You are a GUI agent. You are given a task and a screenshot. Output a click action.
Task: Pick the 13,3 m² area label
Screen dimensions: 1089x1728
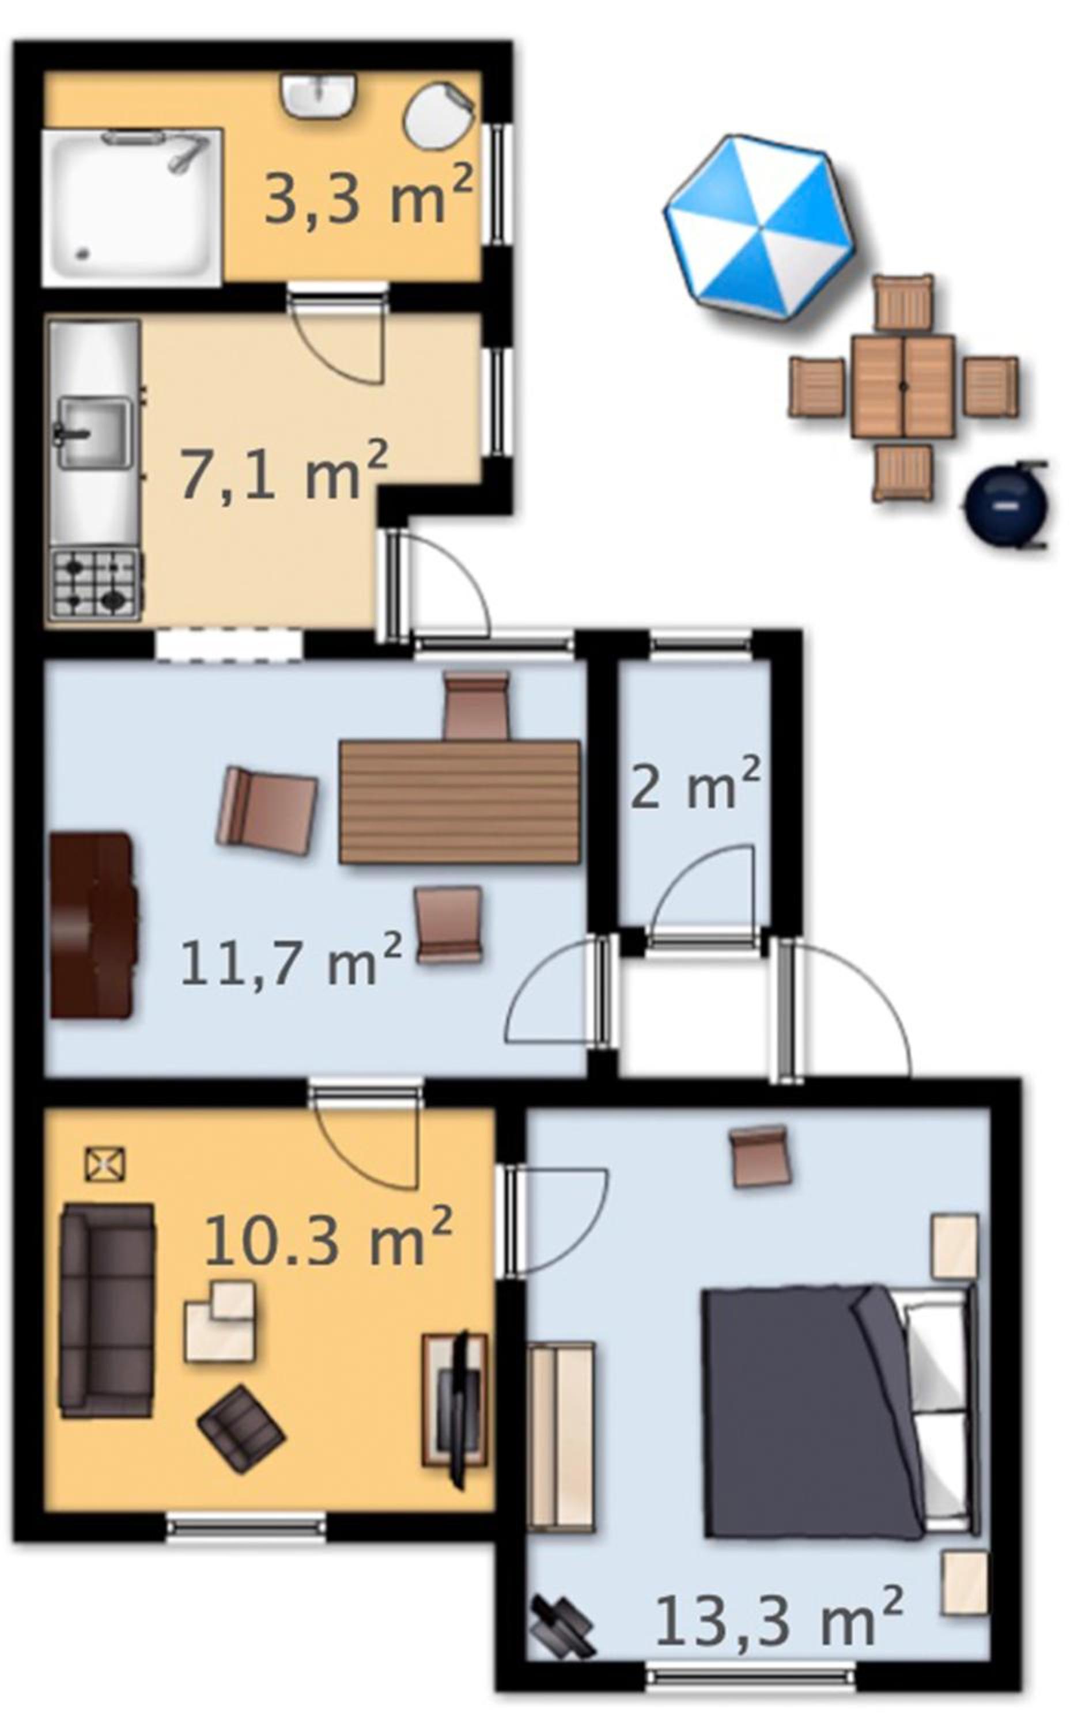[779, 1597]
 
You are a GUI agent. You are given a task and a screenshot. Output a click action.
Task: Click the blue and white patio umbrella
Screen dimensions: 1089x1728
[759, 226]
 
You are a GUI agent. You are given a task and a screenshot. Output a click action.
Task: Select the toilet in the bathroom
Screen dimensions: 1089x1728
[438, 116]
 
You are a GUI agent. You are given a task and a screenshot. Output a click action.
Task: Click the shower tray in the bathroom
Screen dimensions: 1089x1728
[132, 207]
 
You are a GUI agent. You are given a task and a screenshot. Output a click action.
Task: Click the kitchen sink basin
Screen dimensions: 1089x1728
[94, 433]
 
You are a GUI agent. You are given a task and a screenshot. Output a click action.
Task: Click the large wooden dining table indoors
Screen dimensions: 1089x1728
[459, 802]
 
